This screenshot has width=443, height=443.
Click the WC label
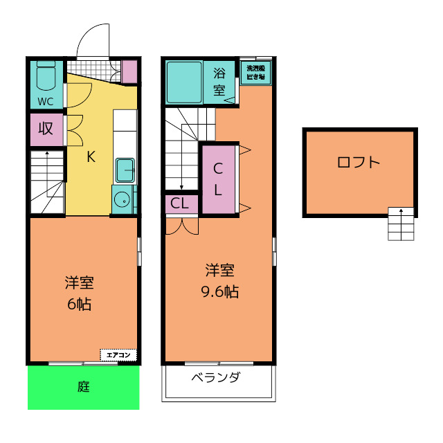tap(45, 101)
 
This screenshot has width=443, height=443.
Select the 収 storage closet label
tap(46, 129)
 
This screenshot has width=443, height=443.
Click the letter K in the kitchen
tap(91, 156)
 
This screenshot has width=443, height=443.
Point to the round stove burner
tap(122, 199)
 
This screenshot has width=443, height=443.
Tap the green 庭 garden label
tap(84, 387)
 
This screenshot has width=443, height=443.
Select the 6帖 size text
tap(80, 304)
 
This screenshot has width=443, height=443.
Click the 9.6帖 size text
tap(219, 291)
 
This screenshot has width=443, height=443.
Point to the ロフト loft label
tap(359, 163)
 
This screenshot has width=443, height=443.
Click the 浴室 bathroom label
tap(219, 81)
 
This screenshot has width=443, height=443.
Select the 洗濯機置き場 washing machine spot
tap(256, 73)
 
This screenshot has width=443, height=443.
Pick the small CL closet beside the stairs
tap(180, 204)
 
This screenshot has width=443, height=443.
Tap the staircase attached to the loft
tap(401, 224)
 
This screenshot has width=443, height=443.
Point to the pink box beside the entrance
tap(129, 71)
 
